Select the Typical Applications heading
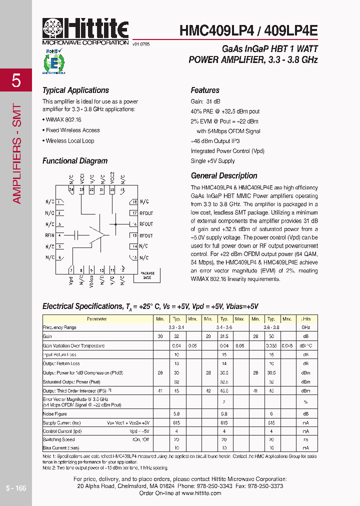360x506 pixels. point(75,90)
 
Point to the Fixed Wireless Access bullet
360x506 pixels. point(72,130)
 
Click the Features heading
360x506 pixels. point(205,90)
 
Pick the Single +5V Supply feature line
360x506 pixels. point(212,161)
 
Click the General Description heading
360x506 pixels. point(224,176)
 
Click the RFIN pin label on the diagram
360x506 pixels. point(49,235)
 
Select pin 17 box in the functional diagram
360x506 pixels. point(134,213)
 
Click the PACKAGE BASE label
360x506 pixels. point(147,275)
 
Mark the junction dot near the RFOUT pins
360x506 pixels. point(115,224)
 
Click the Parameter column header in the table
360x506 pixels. point(96,319)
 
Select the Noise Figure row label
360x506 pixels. point(54,413)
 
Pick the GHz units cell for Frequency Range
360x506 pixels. point(305,327)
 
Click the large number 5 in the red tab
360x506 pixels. point(16,80)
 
